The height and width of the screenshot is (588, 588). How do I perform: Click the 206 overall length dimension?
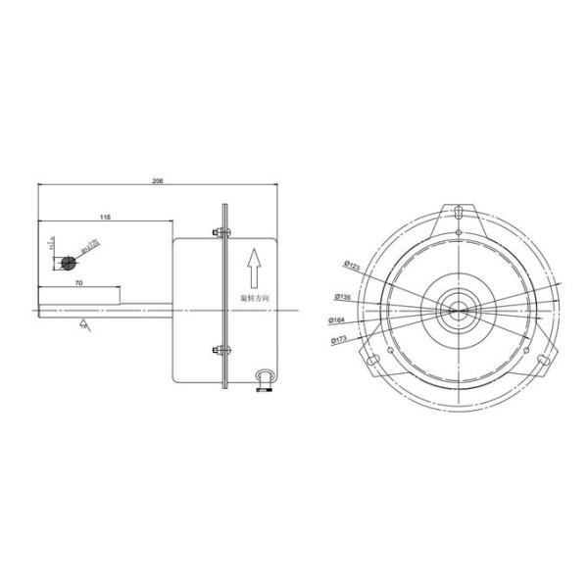point(158,181)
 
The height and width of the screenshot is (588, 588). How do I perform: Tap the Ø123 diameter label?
point(354,265)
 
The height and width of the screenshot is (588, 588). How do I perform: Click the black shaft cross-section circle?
point(68,263)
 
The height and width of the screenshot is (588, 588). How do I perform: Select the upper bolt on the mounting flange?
point(219,232)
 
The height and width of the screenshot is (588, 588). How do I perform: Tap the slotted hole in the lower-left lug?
point(372,361)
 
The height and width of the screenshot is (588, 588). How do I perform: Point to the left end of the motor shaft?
point(38,310)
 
